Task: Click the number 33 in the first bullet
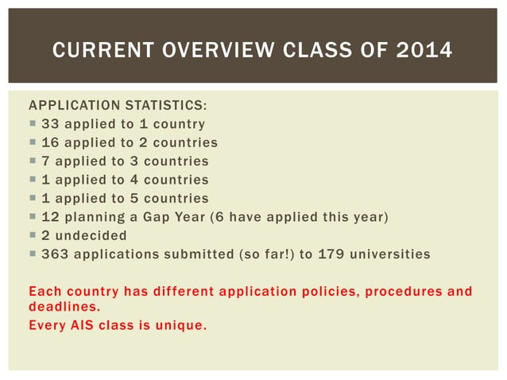(x=50, y=124)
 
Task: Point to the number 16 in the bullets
(x=50, y=142)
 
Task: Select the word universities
(x=392, y=254)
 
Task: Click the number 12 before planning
(x=50, y=217)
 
